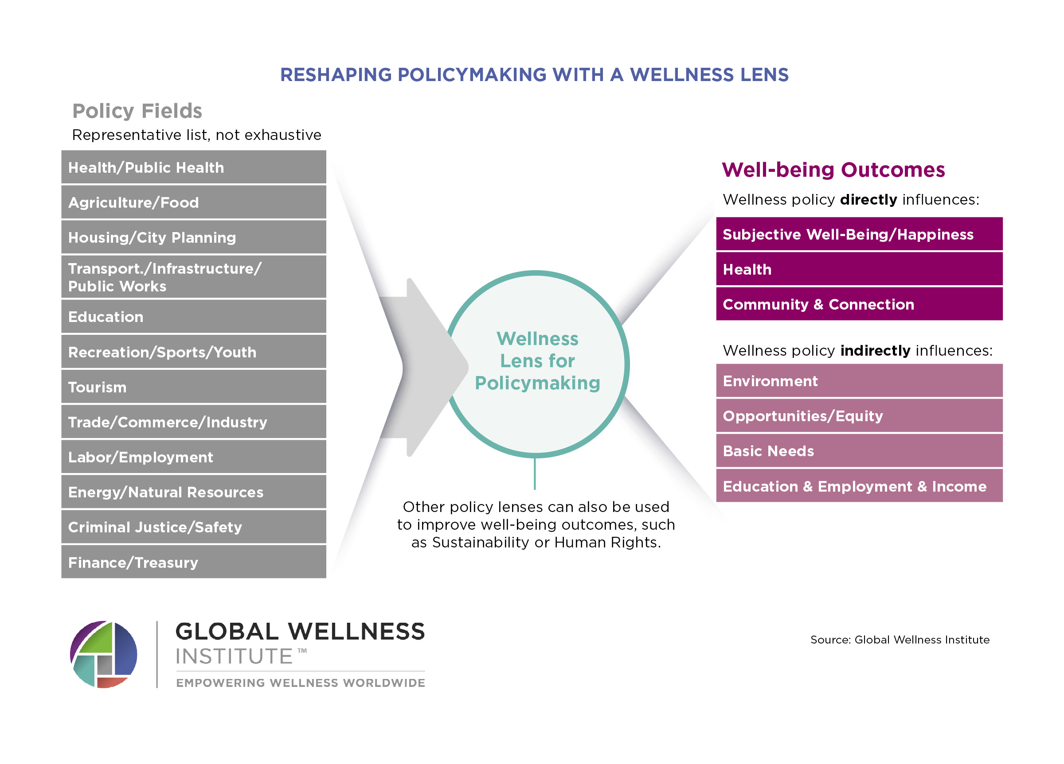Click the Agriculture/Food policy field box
tap(193, 202)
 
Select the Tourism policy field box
tap(193, 387)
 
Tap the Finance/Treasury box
tap(193, 562)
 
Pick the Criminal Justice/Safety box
tap(193, 527)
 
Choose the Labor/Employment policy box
tap(193, 457)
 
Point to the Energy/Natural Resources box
tap(193, 492)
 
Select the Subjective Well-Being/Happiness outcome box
tap(859, 234)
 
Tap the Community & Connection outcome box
tap(859, 304)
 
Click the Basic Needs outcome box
tap(859, 451)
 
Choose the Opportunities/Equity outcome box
tap(859, 416)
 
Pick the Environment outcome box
tap(859, 381)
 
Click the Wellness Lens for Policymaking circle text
tap(537, 361)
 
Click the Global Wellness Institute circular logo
tap(104, 654)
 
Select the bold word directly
tap(868, 200)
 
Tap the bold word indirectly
tap(875, 351)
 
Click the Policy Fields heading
tap(137, 111)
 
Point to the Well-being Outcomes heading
tap(833, 170)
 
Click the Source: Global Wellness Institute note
tap(900, 640)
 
